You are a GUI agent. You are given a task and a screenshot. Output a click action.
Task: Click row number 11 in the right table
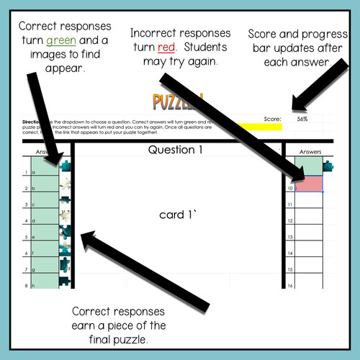[x=289, y=205]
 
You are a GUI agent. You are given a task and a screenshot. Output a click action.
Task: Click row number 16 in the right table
[x=289, y=286]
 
